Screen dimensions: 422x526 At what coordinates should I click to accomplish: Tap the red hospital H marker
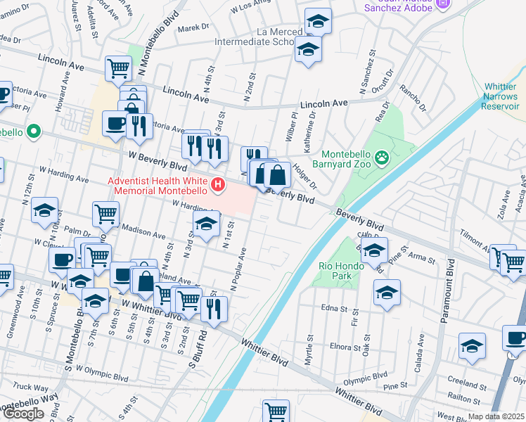pos(219,186)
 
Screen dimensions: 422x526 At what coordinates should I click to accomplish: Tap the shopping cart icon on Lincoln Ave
pos(119,68)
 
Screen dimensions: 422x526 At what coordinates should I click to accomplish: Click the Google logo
pos(23,414)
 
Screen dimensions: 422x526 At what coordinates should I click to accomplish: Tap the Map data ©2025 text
pos(495,416)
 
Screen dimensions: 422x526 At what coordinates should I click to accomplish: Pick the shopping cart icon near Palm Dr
pos(105,213)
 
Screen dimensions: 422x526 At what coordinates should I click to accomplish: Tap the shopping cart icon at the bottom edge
pos(276,411)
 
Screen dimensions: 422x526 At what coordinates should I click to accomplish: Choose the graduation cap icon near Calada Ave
pos(472,345)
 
